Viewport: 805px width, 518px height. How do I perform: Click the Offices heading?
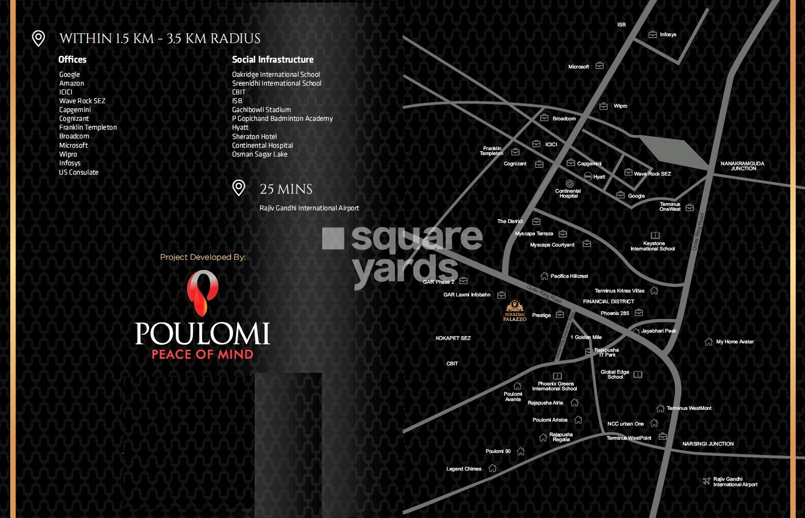tap(72, 60)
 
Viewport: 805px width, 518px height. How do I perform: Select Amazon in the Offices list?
tap(71, 84)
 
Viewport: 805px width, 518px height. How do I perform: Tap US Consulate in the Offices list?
tap(78, 172)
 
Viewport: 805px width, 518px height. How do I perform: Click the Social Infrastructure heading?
tap(273, 60)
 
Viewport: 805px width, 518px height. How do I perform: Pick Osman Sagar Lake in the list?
tap(260, 155)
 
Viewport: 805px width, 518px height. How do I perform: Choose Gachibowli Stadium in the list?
tap(261, 110)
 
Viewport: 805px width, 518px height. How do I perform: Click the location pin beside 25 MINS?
tap(238, 188)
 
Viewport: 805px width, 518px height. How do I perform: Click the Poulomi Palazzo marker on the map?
tap(515, 311)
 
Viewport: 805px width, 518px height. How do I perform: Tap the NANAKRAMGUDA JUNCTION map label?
tap(742, 166)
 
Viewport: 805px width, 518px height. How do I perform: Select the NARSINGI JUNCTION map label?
tap(708, 444)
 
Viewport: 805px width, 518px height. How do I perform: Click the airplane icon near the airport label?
tap(707, 481)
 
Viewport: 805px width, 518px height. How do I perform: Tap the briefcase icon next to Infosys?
tap(653, 35)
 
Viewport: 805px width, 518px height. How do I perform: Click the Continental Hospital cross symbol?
tap(569, 184)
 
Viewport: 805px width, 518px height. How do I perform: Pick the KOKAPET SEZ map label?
tap(453, 338)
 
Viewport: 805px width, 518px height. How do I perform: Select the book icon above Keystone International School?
tap(655, 235)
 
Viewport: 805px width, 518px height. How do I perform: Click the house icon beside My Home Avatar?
tap(709, 342)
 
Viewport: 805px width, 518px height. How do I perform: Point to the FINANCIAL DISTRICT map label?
tap(608, 302)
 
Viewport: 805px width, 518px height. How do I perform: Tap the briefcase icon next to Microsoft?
tap(599, 66)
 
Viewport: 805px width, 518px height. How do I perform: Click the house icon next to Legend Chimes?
tap(493, 469)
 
